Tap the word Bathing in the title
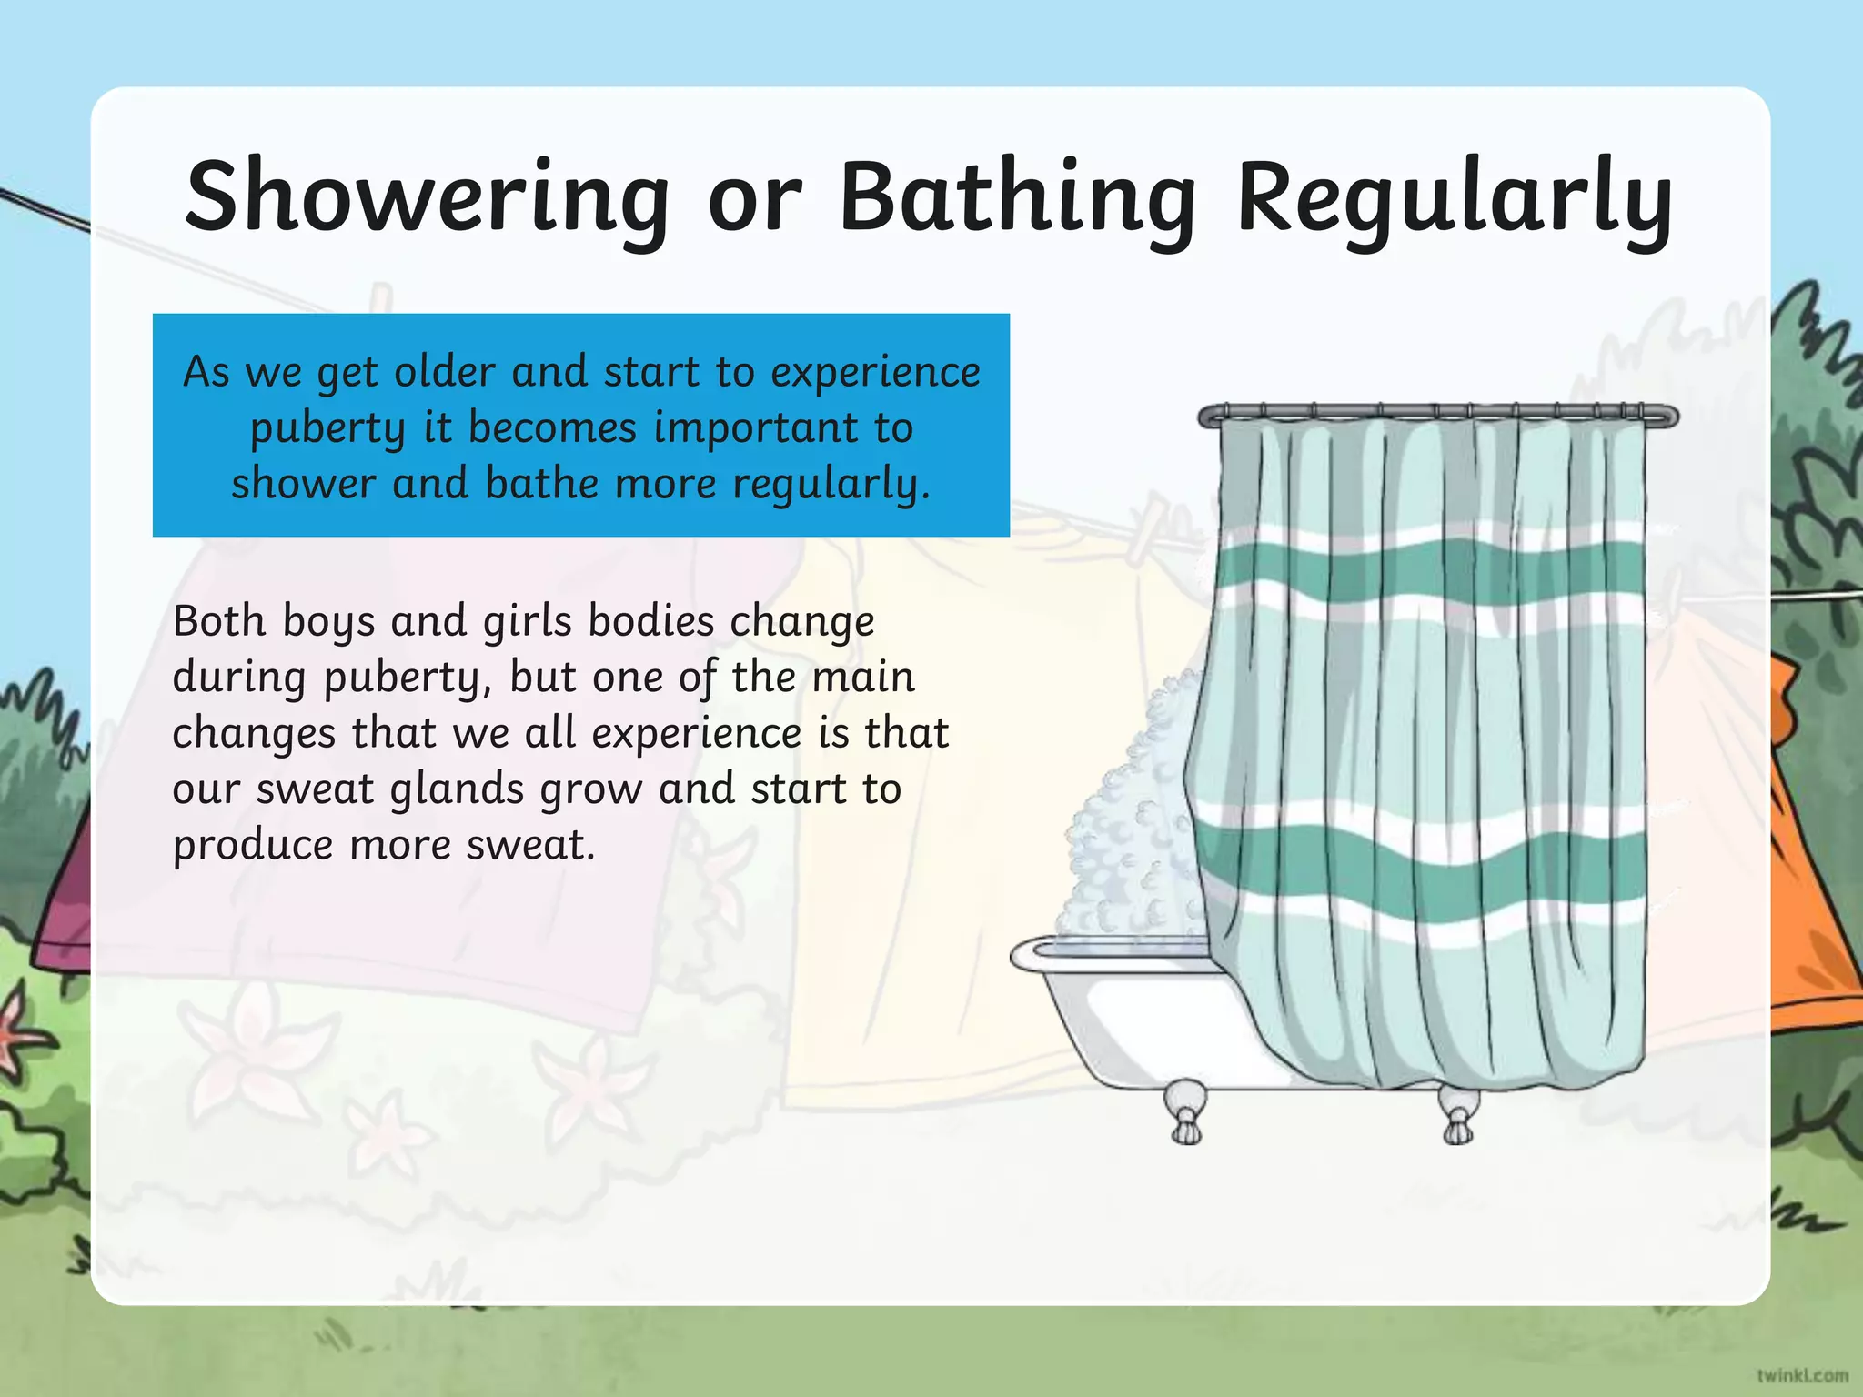(x=1016, y=197)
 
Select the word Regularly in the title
(x=1454, y=197)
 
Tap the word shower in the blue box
(x=303, y=483)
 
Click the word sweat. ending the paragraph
(x=530, y=845)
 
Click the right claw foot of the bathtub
(x=1458, y=1111)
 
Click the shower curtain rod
(x=1437, y=415)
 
